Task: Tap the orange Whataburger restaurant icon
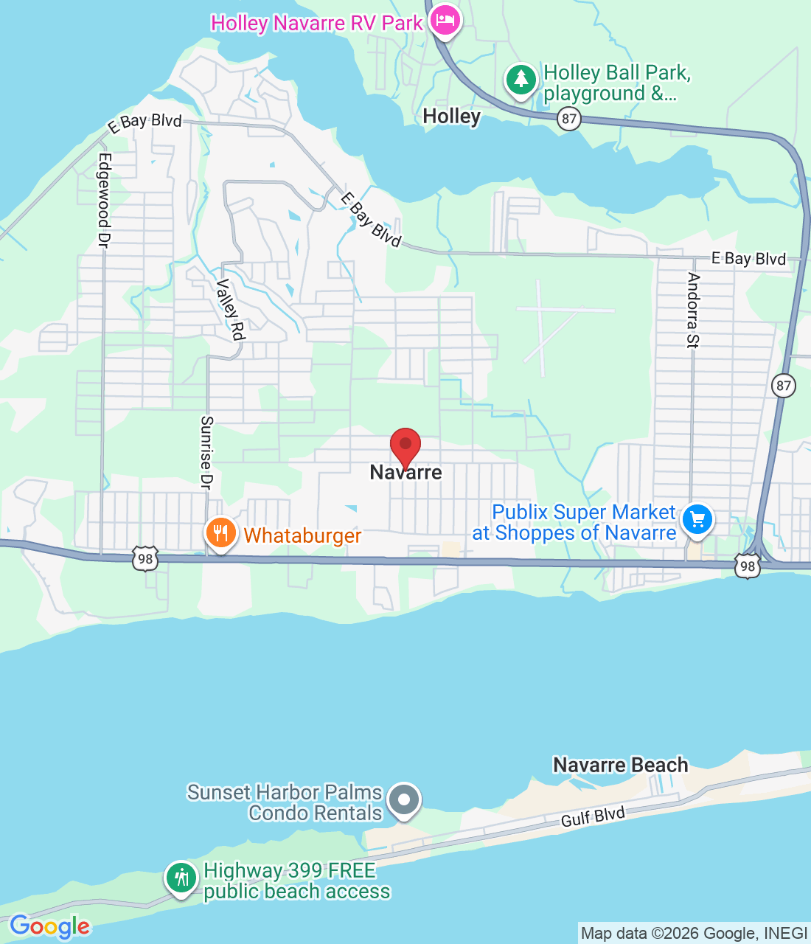click(220, 532)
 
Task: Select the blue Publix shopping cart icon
click(697, 520)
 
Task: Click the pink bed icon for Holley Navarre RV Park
click(445, 20)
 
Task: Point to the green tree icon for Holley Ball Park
click(521, 79)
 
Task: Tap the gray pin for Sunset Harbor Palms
click(403, 799)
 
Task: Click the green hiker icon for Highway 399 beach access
click(181, 878)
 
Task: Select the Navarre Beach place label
click(621, 765)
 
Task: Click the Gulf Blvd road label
click(593, 817)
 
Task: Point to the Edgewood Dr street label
click(104, 200)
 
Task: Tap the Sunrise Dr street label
click(207, 452)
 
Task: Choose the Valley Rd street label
click(230, 310)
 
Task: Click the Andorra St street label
click(693, 310)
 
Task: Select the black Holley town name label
click(451, 117)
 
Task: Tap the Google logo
click(49, 926)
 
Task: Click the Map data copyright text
click(694, 934)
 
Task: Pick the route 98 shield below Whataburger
click(145, 558)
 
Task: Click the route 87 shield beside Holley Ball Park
click(568, 118)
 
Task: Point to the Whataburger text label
click(302, 535)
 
